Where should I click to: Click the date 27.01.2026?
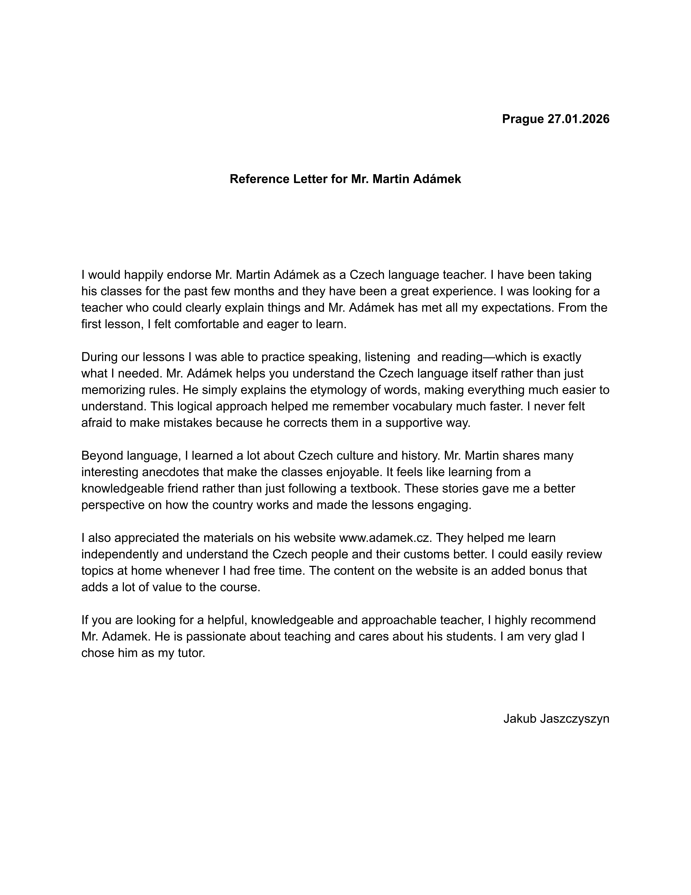(578, 119)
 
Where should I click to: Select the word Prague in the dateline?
(523, 119)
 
